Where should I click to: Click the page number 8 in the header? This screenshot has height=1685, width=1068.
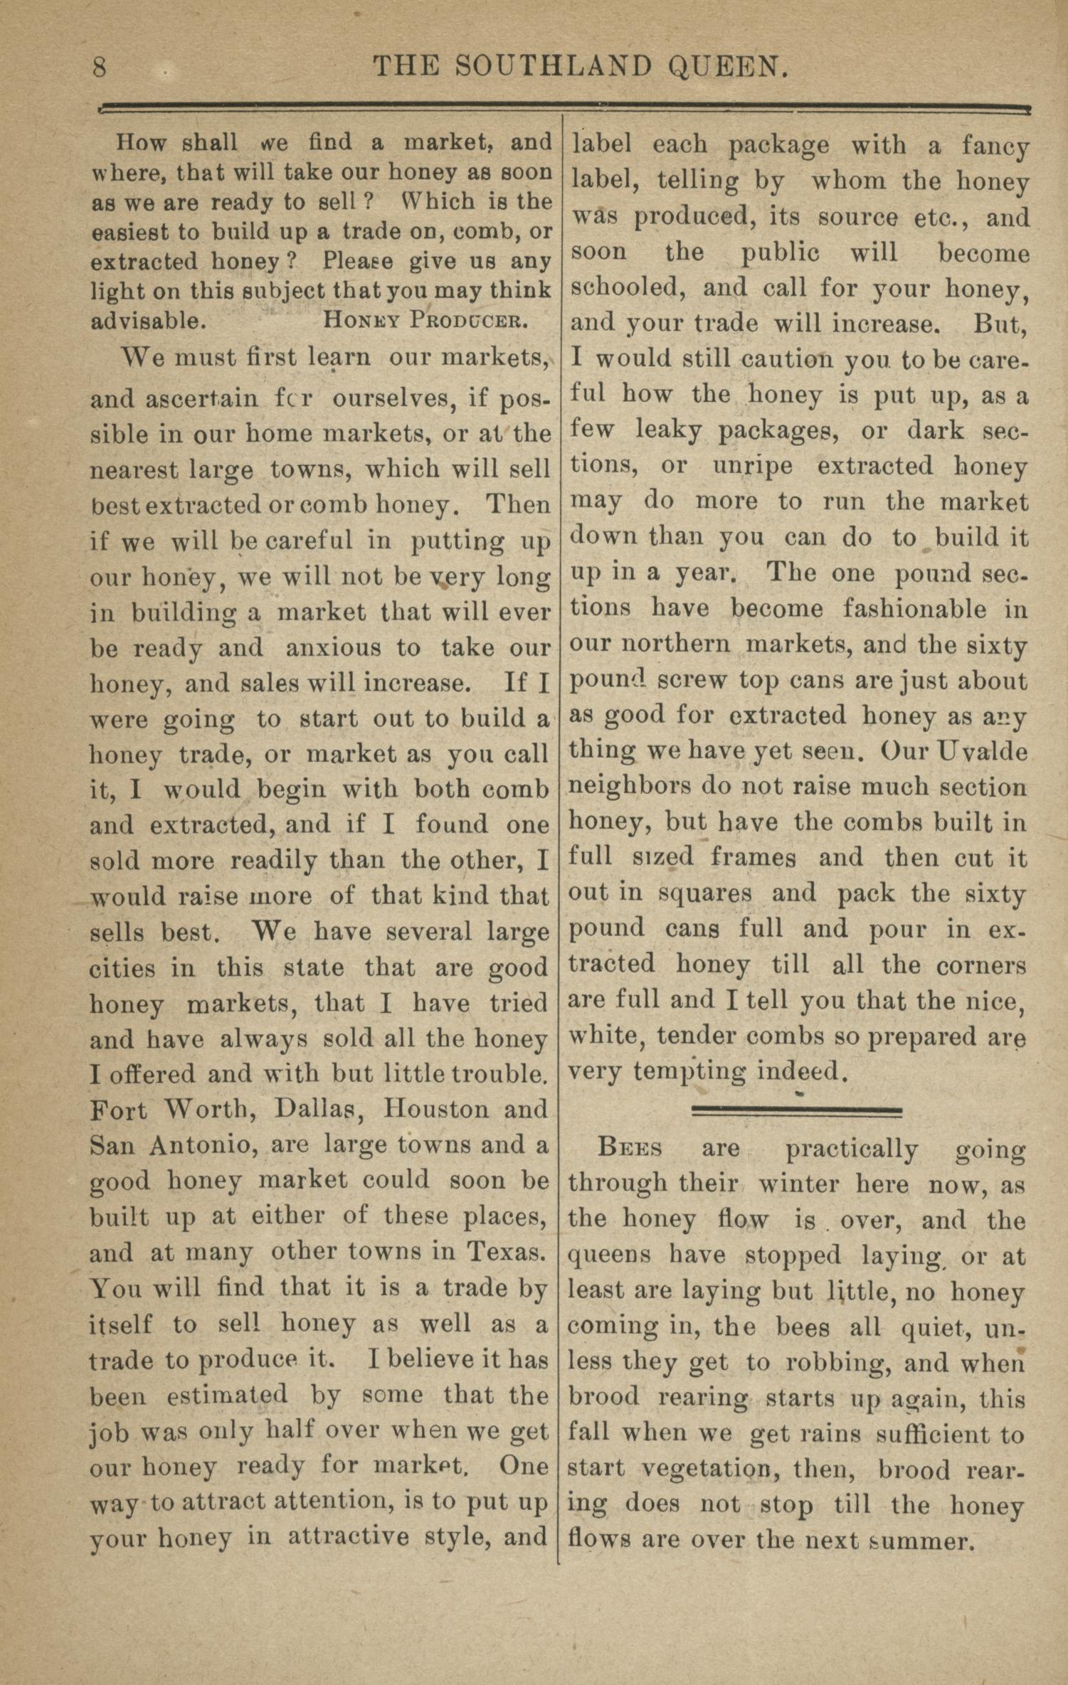(x=100, y=68)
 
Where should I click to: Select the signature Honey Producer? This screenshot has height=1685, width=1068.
(x=425, y=320)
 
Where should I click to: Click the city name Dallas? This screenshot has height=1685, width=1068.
(x=321, y=1110)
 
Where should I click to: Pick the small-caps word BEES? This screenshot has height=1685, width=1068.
(x=630, y=1148)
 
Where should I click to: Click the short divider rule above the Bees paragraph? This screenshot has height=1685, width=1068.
(x=796, y=1110)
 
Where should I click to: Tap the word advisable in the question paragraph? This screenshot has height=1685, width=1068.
(x=148, y=320)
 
